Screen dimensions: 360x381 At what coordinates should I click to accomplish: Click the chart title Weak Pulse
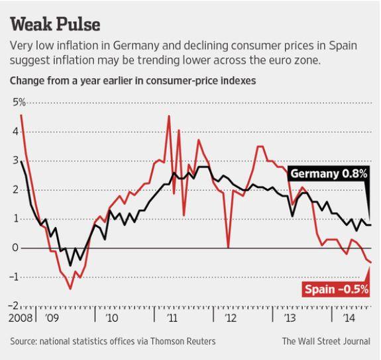point(56,24)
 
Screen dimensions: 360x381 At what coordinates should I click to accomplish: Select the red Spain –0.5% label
point(336,289)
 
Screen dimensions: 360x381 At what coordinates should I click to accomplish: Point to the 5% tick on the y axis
point(17,103)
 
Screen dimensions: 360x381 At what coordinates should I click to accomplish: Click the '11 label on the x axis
point(172,318)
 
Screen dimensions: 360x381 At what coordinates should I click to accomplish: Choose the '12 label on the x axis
point(231,318)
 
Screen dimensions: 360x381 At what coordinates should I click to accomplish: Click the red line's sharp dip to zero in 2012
point(227,247)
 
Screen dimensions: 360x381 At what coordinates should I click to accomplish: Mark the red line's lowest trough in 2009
point(70,289)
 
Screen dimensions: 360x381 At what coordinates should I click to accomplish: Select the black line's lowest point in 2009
point(71,265)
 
